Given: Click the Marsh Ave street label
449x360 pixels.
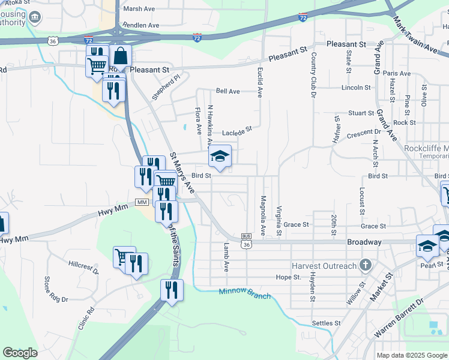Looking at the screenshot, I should (139, 9).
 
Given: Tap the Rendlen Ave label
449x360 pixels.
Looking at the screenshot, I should (140, 26).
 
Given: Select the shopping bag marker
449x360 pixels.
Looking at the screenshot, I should (121, 56).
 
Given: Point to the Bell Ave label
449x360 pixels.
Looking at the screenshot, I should (228, 91).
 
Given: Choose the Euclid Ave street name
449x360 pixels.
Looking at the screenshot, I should (260, 83).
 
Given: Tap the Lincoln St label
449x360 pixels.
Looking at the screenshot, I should (356, 88).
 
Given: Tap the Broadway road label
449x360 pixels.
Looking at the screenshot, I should (364, 242).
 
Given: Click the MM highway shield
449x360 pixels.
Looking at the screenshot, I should (142, 202).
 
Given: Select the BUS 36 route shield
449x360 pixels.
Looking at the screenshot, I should (246, 241).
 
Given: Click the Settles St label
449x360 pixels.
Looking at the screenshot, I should (327, 323).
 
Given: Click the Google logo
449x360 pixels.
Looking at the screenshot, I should (20, 353).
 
